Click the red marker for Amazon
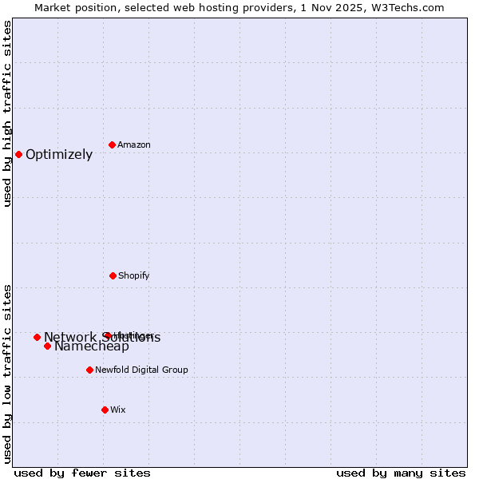point(112,144)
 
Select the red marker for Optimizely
point(18,154)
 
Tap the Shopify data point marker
point(113,275)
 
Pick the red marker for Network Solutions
point(37,337)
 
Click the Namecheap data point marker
point(47,346)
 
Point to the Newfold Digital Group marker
point(89,370)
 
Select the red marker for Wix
point(105,410)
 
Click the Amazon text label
point(134,144)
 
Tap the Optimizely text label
point(59,155)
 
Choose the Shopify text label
point(133,275)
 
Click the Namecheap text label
point(92,346)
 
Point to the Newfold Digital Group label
point(141,370)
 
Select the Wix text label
point(118,410)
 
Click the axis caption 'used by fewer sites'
point(82,473)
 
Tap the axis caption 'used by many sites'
point(401,473)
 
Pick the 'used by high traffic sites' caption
point(7,113)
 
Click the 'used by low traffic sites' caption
point(7,374)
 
